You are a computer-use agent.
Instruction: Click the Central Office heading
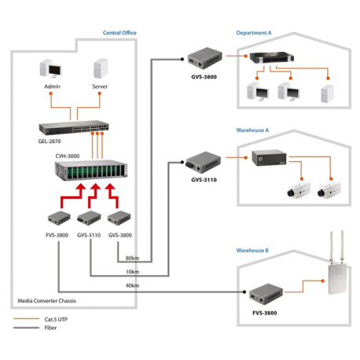119,33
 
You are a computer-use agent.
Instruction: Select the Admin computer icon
53,70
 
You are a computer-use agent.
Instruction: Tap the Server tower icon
100,70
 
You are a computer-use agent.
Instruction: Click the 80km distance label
132,259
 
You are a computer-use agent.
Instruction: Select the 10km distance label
132,273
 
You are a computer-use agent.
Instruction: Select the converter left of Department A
201,57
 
